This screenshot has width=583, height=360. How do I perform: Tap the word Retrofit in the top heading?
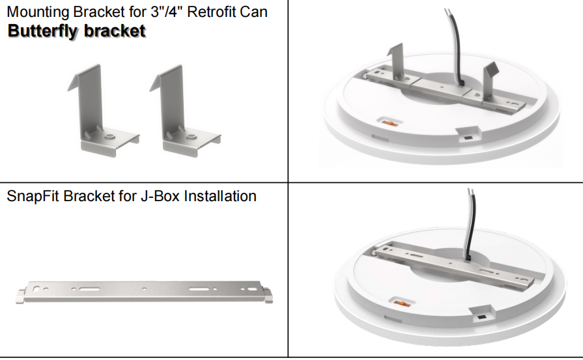[x=210, y=12]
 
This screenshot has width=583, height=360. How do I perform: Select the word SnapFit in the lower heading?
[x=33, y=196]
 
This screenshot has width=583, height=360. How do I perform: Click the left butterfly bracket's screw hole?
[x=109, y=136]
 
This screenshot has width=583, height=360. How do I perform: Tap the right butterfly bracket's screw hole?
[x=192, y=136]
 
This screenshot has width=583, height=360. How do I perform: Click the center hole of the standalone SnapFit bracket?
[x=144, y=288]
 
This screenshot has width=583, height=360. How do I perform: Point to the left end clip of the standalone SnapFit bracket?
[x=21, y=296]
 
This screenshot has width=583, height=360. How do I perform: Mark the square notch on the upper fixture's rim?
[x=468, y=135]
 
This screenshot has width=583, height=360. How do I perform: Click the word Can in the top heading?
[x=253, y=12]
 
